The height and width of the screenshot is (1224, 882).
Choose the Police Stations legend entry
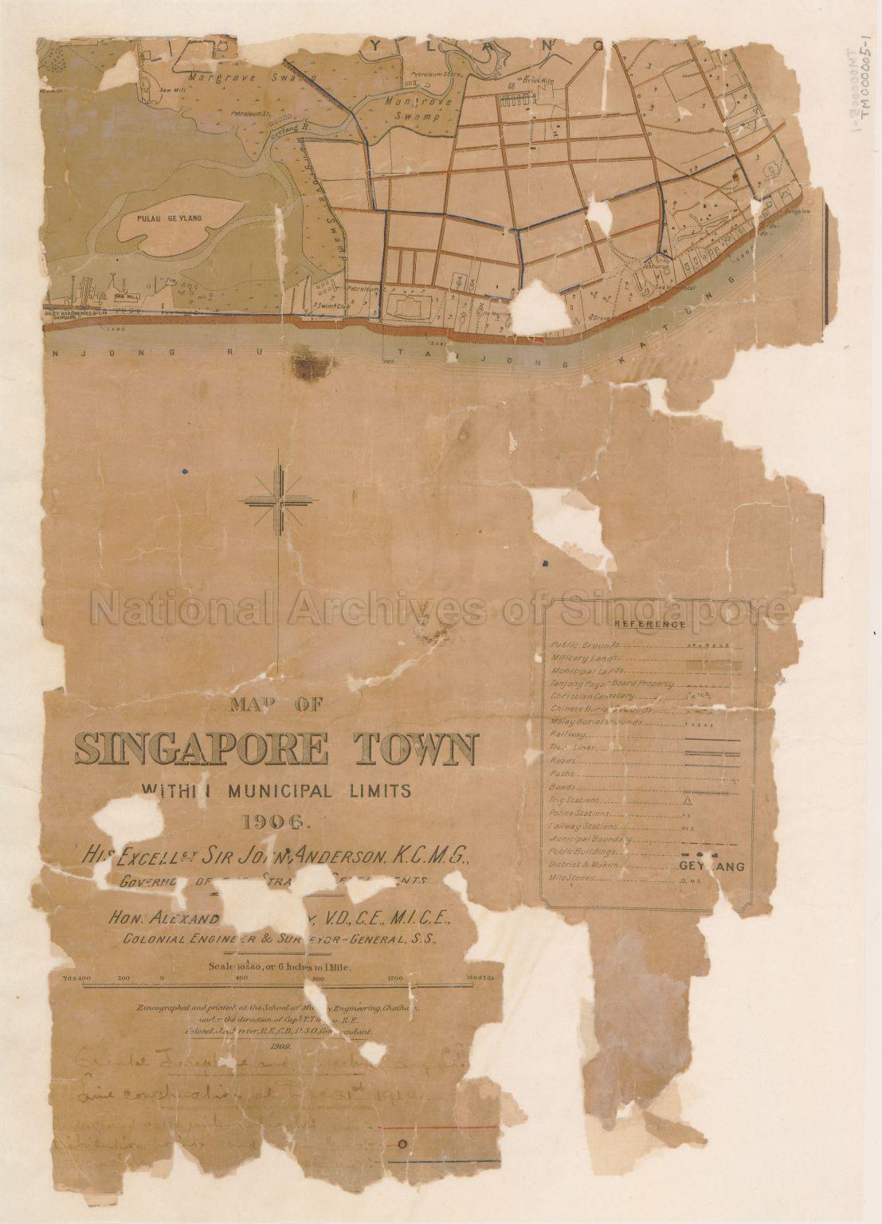580,814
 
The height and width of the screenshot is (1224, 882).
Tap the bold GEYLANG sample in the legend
711,867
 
